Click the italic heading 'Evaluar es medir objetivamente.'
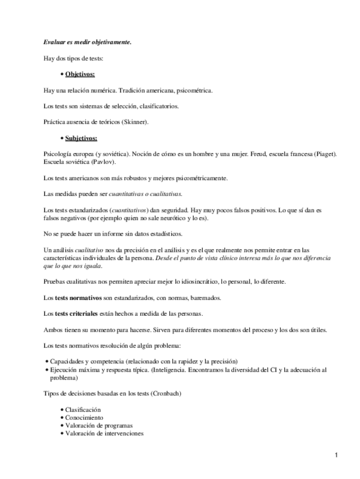point(87,42)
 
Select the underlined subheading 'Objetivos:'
point(80,74)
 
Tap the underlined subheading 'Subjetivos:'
point(81,138)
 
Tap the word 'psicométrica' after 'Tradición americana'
point(194,90)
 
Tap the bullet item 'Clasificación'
point(83,410)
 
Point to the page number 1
point(336,455)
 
